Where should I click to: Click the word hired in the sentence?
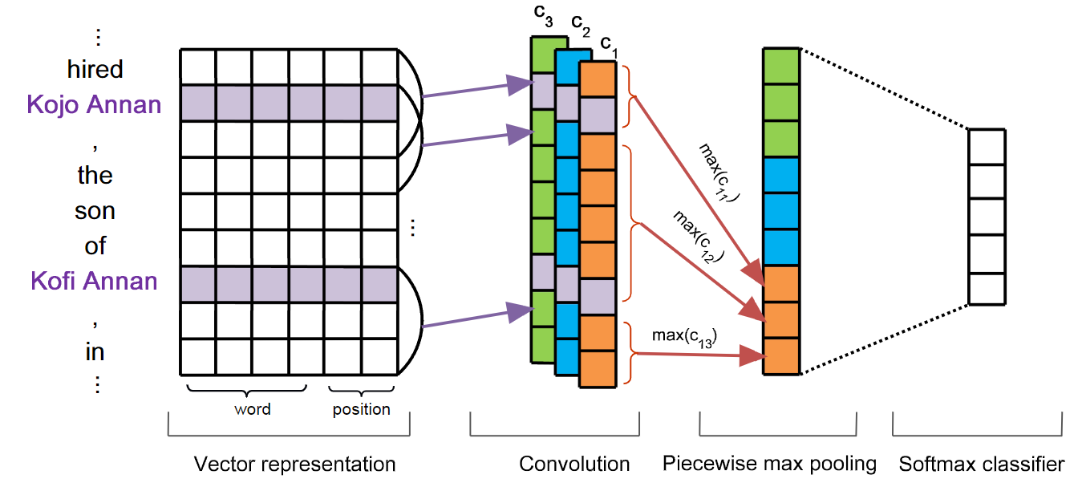pos(95,69)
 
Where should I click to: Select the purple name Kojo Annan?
pos(94,104)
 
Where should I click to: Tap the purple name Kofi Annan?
pos(94,281)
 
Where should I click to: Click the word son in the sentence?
pos(95,211)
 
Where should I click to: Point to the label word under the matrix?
pos(252,409)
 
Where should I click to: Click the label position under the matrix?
pos(361,409)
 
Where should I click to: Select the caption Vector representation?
pos(294,464)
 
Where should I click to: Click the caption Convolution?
pos(574,464)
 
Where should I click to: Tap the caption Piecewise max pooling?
pos(769,464)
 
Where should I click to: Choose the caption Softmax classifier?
pos(982,464)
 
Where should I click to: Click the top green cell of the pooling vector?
pos(781,66)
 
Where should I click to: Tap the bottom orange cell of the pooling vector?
pos(781,357)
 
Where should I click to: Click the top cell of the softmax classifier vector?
pos(986,146)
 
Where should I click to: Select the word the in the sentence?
pos(95,175)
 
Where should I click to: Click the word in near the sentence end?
pos(95,351)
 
